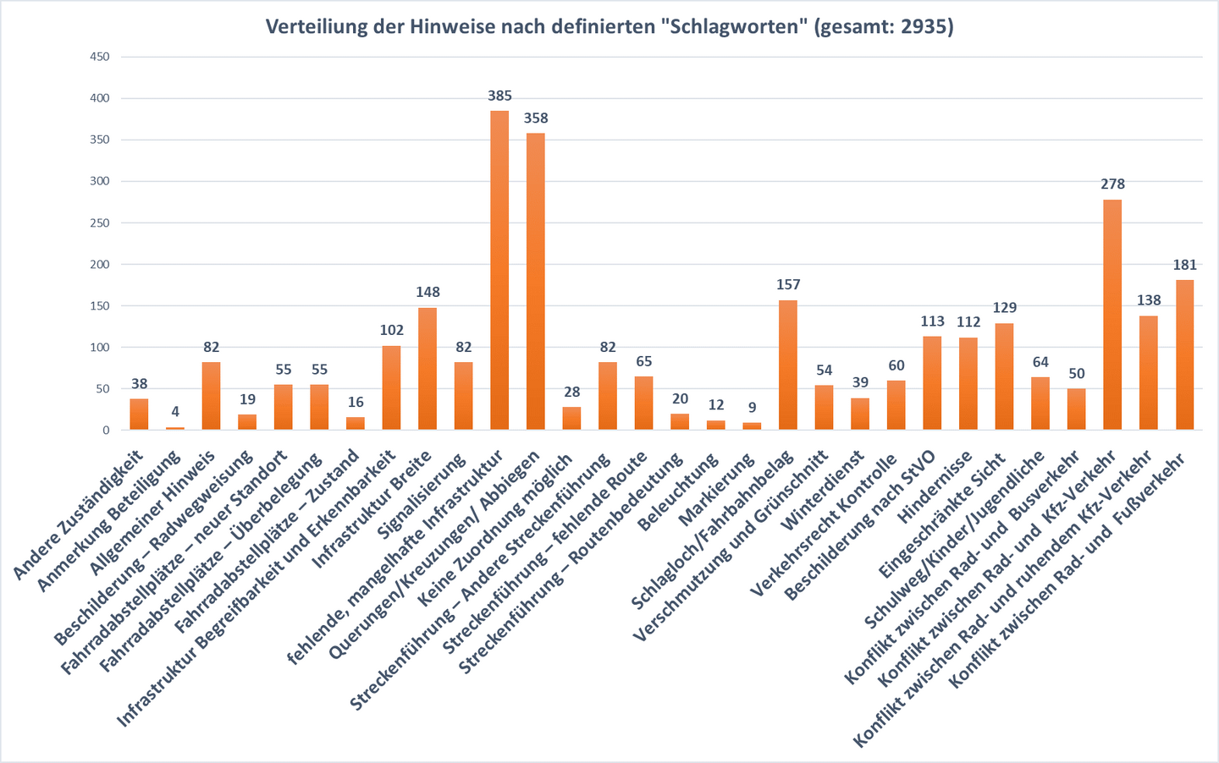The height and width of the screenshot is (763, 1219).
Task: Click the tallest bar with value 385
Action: [x=499, y=271]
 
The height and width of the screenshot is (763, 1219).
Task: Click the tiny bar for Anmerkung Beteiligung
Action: [x=175, y=428]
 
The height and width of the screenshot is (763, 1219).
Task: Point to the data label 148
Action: [x=427, y=292]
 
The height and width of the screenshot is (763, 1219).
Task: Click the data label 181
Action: [x=1184, y=265]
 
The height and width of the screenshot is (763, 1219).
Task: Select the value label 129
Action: [x=1004, y=307]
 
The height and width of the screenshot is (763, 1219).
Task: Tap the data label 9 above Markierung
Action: [x=752, y=407]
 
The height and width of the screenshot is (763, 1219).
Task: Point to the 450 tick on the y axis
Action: [x=100, y=57]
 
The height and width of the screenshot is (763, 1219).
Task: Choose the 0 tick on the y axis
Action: [x=106, y=430]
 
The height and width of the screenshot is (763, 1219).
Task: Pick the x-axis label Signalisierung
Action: [x=422, y=497]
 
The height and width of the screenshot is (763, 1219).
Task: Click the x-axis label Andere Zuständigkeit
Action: [x=78, y=516]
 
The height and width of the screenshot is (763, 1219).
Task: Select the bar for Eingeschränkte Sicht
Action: [x=1004, y=376]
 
